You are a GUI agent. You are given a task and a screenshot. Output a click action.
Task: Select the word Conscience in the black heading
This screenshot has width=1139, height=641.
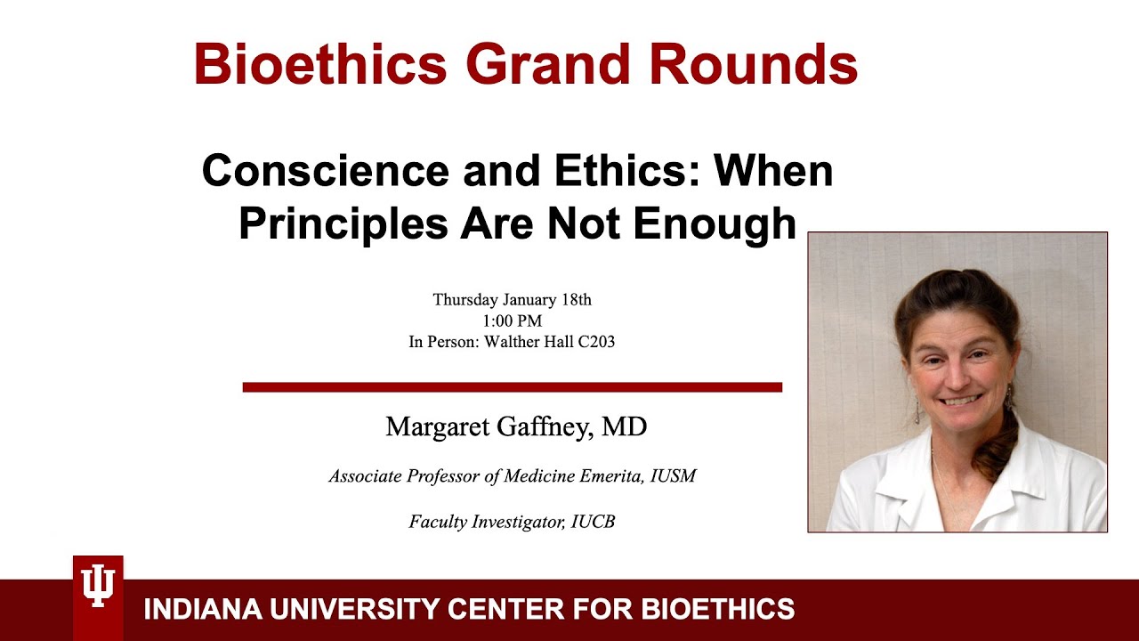coord(327,170)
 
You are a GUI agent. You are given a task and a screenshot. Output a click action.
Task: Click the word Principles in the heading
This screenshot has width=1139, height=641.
coord(343,223)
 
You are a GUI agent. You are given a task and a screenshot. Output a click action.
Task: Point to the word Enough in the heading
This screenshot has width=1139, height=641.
coord(715,223)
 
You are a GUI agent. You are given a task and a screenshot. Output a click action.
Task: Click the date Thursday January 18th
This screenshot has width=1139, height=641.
coord(512,299)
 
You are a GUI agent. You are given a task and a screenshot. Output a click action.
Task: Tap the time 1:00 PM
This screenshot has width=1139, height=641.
coord(512,320)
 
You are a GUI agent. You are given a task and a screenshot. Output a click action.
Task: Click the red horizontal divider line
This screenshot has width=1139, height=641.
coord(512,387)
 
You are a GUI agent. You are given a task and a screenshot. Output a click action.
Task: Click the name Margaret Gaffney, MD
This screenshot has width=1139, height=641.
coord(515,427)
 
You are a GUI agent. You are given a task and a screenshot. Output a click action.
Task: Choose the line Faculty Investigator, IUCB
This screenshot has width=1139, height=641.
coord(512,522)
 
